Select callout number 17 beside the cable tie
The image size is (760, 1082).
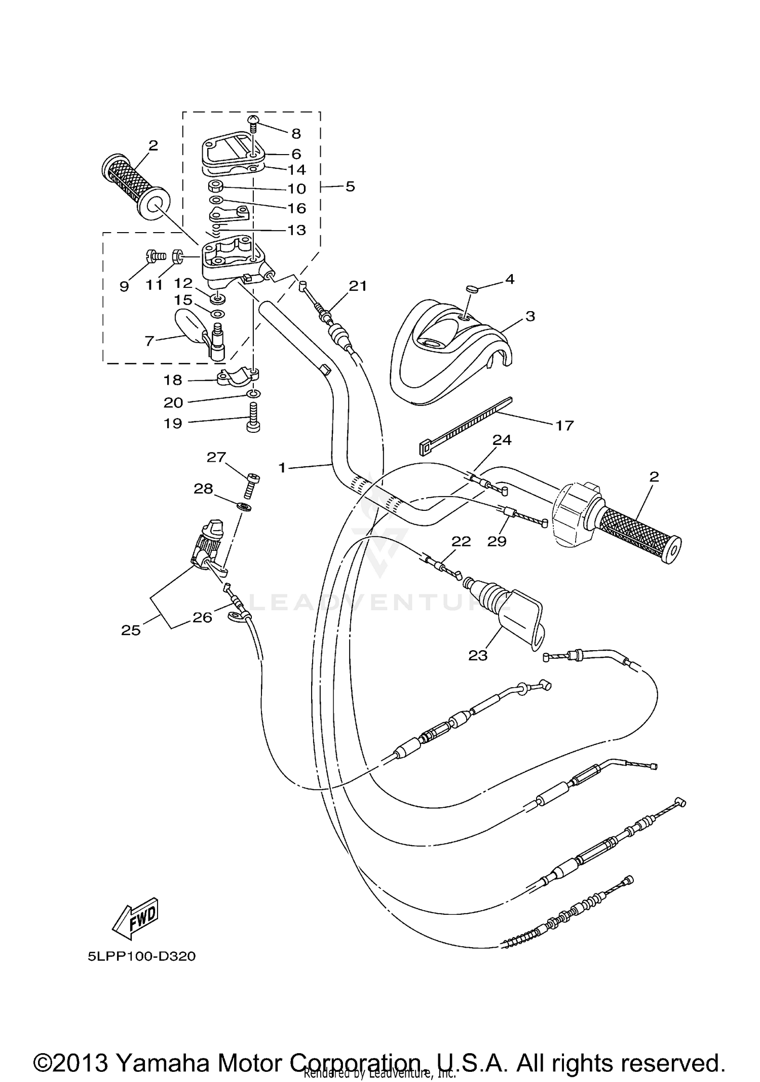(x=564, y=425)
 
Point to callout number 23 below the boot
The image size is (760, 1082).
(x=477, y=655)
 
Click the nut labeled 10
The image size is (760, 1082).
(x=216, y=185)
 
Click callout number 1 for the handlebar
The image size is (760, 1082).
(x=282, y=467)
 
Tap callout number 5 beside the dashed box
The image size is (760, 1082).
(x=350, y=187)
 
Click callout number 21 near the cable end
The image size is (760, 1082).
(x=358, y=286)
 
